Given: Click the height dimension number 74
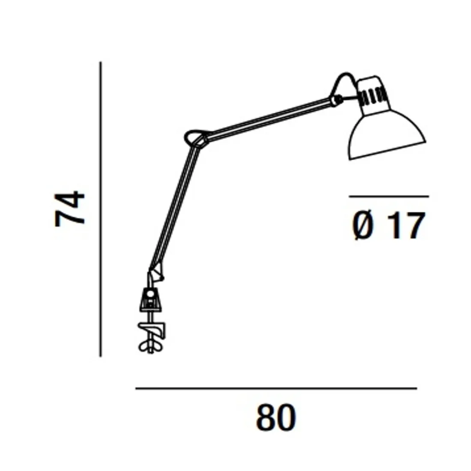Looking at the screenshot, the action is click(x=70, y=209).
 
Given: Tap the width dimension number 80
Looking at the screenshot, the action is click(x=276, y=418).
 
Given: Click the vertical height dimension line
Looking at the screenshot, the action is click(x=101, y=209).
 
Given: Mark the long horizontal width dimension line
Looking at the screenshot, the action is click(x=276, y=388).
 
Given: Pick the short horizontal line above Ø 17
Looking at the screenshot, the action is click(x=389, y=197).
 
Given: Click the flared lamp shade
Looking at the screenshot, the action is click(x=387, y=136).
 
